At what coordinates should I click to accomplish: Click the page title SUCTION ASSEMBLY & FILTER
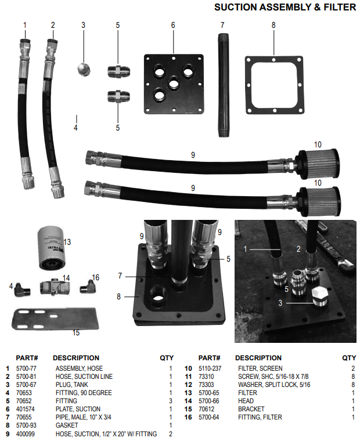coord(285,7)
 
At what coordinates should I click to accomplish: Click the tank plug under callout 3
coord(84,70)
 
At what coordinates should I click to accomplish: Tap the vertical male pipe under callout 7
coord(222,85)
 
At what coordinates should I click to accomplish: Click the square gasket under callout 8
coord(275,85)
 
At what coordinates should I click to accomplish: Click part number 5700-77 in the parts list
coord(26,368)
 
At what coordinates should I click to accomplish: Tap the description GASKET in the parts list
coord(67,425)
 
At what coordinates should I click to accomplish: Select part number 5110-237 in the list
coord(210,368)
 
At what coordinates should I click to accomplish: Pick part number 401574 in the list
coord(26,409)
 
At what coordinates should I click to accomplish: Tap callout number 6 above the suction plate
coord(173,25)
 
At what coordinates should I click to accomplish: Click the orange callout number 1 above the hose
coord(25,25)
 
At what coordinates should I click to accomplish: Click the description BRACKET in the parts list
coord(251,409)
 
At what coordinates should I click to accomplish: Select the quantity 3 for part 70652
coord(171,401)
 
